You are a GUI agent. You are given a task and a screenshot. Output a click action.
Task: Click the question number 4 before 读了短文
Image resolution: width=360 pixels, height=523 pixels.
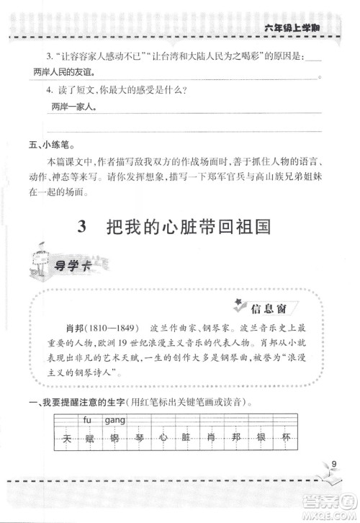(49, 91)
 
